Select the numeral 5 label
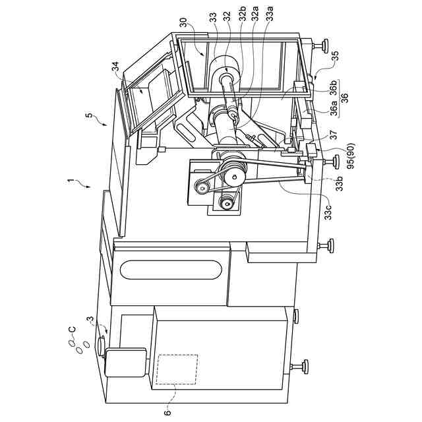[88, 117]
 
